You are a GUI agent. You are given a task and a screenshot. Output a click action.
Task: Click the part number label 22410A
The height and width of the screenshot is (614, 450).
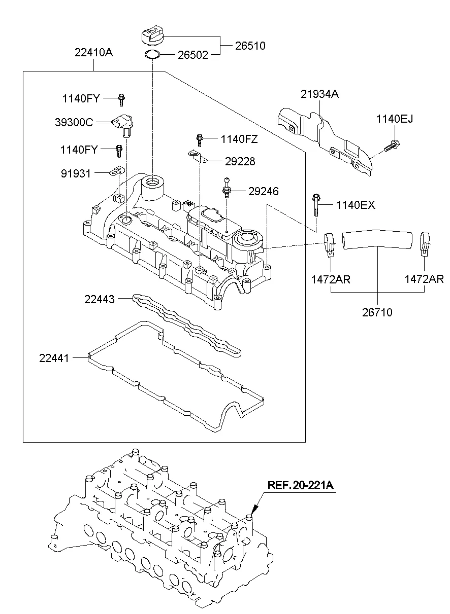pos(94,52)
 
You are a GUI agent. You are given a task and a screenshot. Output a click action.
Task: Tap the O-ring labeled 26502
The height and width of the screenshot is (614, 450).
pos(152,54)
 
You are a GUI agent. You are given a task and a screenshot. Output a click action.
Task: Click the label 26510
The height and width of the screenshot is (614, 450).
pos(250,46)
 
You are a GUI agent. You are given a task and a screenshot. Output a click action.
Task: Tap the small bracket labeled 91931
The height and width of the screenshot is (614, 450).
pos(116,173)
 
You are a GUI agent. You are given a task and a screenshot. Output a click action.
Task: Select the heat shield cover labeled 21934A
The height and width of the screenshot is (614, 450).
pos(325,134)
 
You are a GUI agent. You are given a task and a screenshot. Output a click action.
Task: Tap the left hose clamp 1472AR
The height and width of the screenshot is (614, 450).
pos(330,243)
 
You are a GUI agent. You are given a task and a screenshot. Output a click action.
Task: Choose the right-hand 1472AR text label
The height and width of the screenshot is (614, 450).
pos(424,279)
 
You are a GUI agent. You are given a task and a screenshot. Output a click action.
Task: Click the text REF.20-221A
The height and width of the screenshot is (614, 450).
pos(300,485)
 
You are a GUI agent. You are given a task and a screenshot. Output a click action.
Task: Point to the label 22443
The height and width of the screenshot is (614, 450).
pos(100,300)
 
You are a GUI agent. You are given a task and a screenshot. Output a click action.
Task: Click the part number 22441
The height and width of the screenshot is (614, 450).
pos(54,358)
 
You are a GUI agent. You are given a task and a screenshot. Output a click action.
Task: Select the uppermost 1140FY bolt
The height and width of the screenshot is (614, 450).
pos(122,99)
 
